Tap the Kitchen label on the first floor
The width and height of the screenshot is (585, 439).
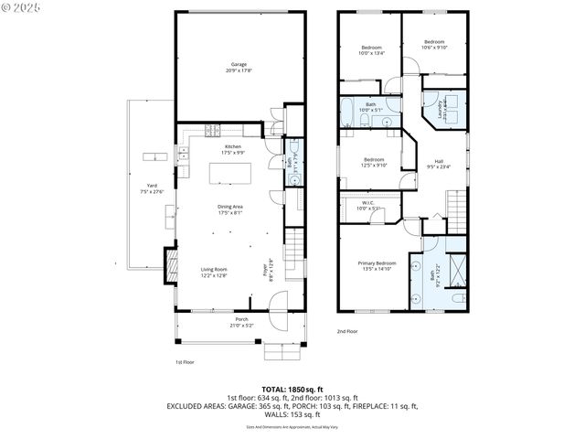point(233,147)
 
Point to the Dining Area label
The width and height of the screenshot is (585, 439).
point(229,207)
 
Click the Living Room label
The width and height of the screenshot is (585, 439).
point(214,269)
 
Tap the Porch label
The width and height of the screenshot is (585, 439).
point(241,319)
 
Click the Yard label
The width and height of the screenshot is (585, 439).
point(152,186)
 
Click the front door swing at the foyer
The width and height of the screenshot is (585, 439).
point(281,300)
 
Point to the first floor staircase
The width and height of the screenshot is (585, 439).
point(294,245)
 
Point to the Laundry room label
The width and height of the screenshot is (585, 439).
point(441,110)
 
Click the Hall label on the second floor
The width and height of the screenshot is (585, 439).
point(439,161)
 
